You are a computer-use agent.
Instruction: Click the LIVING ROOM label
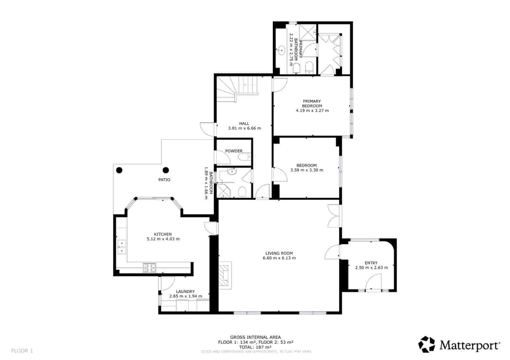(x=279, y=253)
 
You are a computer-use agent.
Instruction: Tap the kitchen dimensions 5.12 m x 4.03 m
(x=163, y=239)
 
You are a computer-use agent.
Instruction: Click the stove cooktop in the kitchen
(x=149, y=268)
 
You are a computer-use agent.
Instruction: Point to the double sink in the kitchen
(x=121, y=247)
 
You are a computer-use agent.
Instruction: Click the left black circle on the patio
(x=119, y=170)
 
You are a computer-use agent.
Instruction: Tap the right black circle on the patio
(x=166, y=170)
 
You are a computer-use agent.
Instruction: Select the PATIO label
(x=164, y=180)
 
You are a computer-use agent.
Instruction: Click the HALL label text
(x=244, y=124)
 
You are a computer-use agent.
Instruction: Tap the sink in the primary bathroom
(x=281, y=50)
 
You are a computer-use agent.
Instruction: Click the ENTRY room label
(x=371, y=263)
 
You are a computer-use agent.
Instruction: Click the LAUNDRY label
(x=185, y=292)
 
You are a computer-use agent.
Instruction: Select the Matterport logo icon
(x=426, y=344)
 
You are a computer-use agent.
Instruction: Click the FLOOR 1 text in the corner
(x=22, y=351)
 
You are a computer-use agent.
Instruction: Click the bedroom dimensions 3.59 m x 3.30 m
(x=307, y=170)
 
